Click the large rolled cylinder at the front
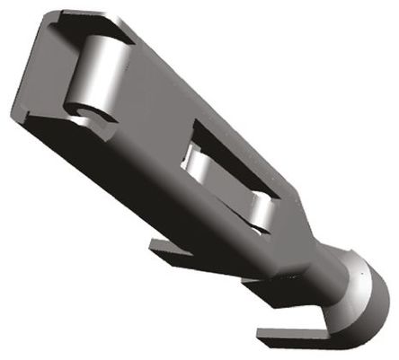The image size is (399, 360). tap(94, 71)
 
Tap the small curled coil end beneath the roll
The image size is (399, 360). tap(84, 112)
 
